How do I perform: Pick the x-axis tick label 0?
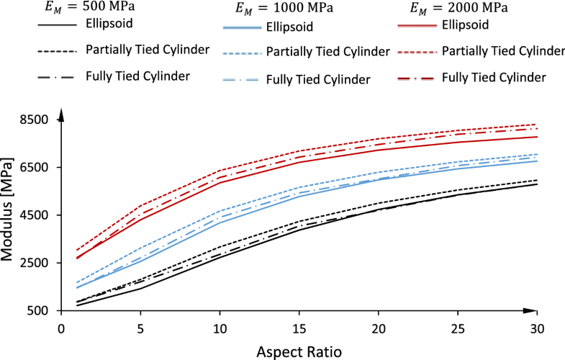point(61,327)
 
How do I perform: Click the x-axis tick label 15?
point(299,327)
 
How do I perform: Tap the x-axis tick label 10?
point(220,327)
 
